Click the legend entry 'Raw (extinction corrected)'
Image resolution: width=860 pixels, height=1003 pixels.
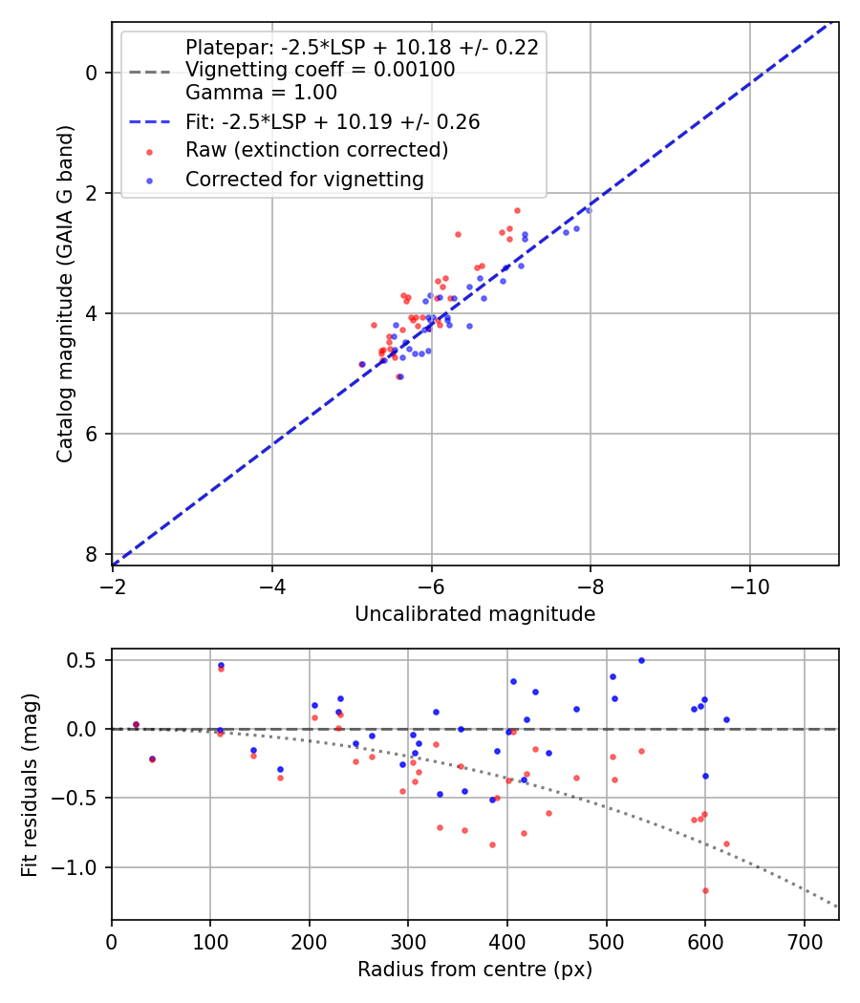[x=316, y=150]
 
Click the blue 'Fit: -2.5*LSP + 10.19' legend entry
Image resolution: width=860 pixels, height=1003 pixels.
[x=333, y=121]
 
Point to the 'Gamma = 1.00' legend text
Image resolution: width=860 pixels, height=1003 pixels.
[x=261, y=93]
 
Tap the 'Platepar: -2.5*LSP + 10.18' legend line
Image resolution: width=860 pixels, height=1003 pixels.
[x=361, y=47]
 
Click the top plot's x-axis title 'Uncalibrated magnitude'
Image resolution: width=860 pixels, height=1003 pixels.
[x=475, y=614]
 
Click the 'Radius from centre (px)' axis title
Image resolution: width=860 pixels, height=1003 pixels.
[x=475, y=970]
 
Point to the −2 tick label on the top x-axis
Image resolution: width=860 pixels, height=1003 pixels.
[x=113, y=582]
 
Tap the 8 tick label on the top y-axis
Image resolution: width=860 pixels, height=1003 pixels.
[x=92, y=554]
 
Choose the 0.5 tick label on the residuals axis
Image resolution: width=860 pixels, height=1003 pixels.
[x=87, y=660]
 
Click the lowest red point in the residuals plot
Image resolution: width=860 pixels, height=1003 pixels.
[x=705, y=890]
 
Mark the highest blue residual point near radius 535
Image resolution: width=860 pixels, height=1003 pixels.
[x=641, y=660]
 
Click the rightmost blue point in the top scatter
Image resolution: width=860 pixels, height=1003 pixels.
[x=589, y=210]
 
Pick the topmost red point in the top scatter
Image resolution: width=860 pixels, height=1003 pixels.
[x=517, y=210]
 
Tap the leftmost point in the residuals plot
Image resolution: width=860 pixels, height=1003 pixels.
[x=136, y=724]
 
